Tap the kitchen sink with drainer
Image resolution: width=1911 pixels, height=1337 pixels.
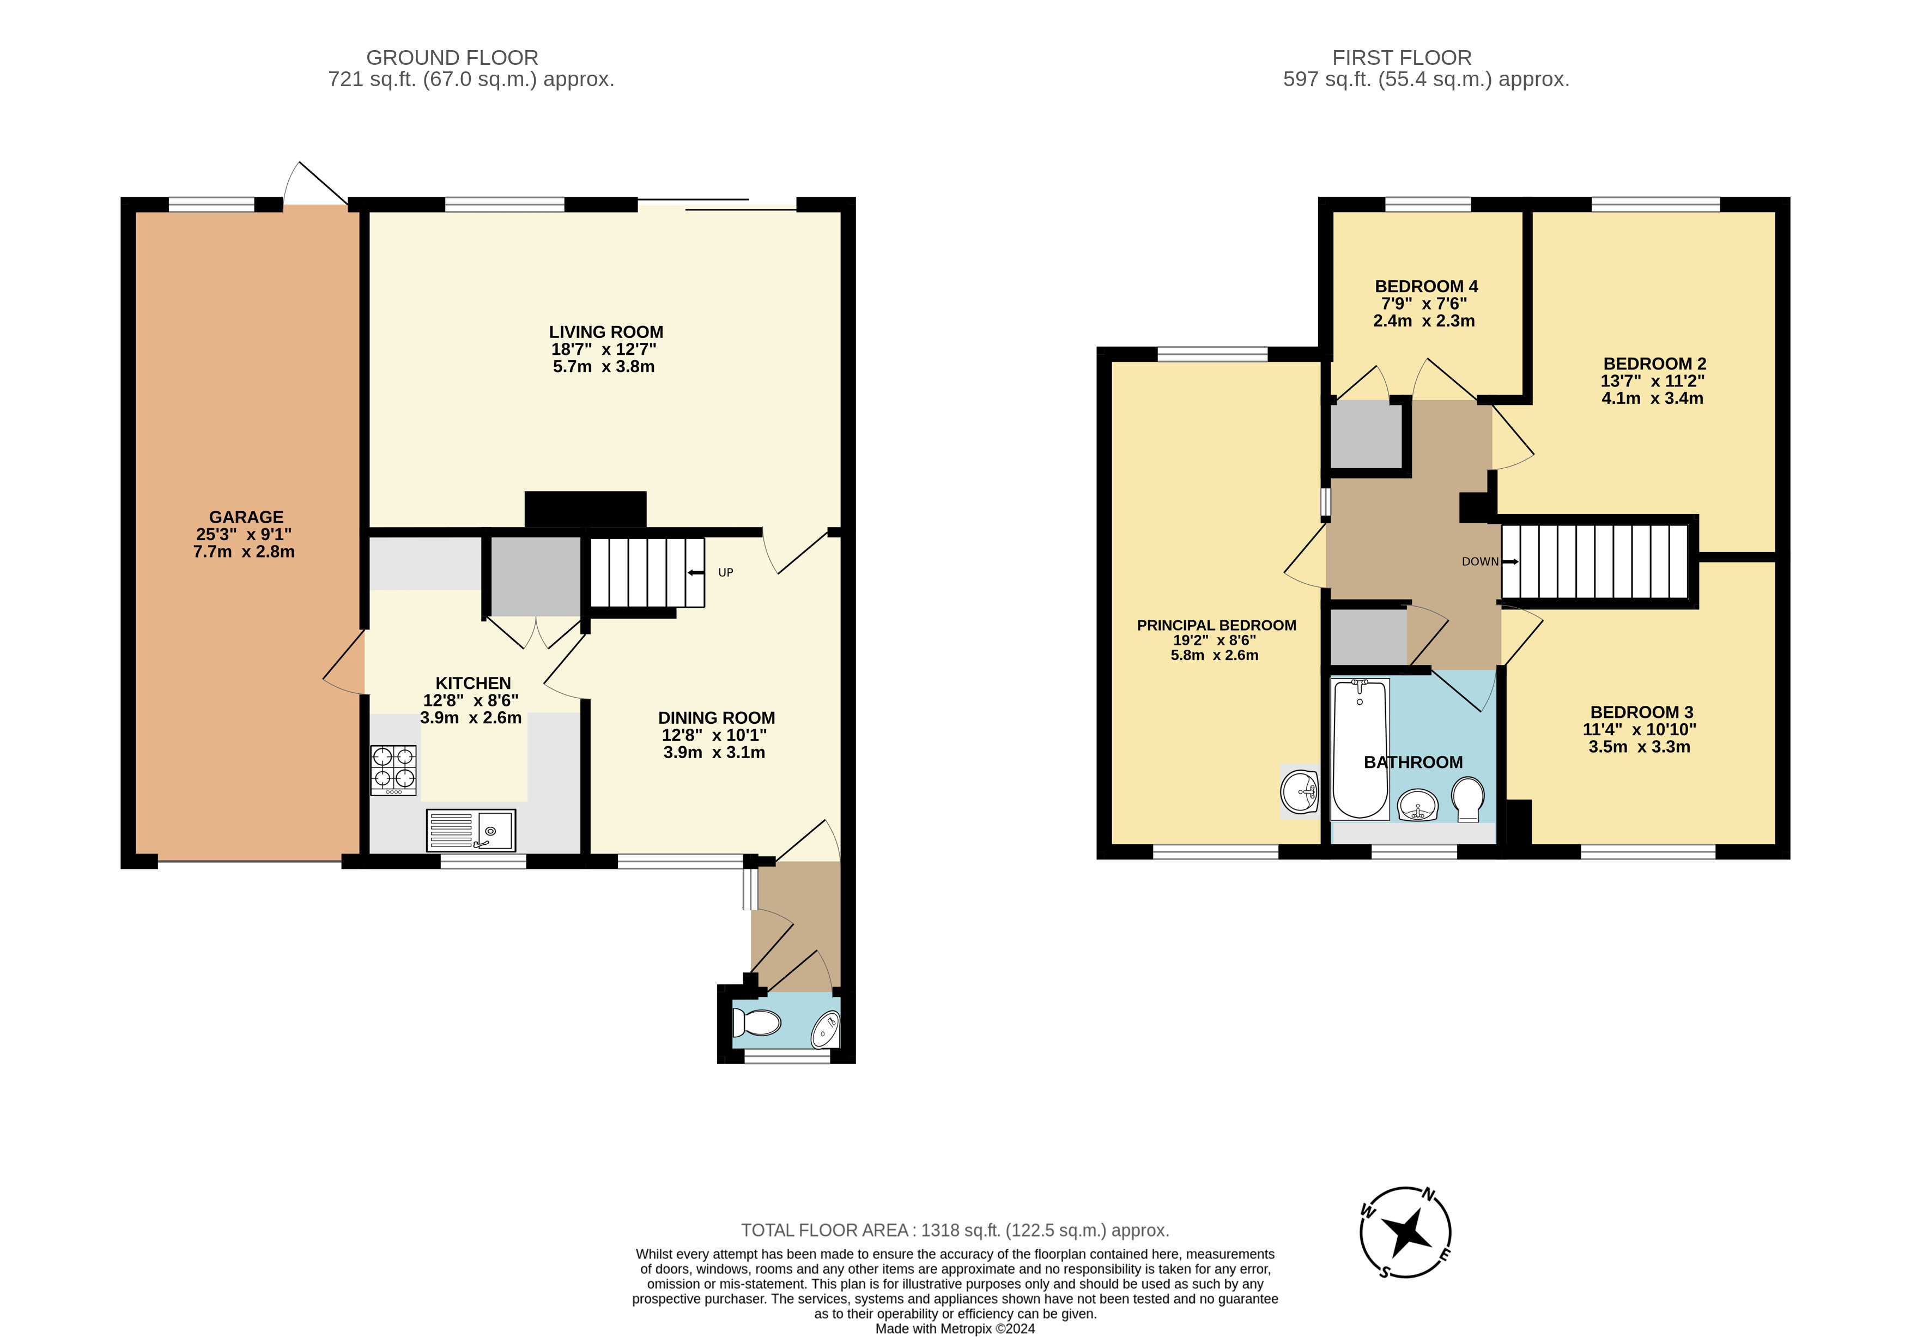click(470, 830)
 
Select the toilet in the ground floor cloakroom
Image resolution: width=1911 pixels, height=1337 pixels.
click(756, 1023)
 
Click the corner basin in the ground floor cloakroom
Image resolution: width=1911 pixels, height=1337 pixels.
click(826, 1030)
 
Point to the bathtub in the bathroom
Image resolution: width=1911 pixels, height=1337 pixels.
click(1360, 749)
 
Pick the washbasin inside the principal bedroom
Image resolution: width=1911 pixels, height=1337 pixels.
click(1299, 791)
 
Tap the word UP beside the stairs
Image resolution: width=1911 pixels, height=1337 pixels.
click(726, 573)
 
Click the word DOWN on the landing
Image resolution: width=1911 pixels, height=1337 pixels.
click(1480, 562)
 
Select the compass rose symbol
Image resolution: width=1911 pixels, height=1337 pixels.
click(1406, 1232)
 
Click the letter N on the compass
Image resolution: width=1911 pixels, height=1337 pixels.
click(1428, 1195)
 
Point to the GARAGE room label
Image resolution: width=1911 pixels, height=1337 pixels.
click(246, 517)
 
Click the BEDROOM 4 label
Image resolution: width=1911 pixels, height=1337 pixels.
click(1426, 286)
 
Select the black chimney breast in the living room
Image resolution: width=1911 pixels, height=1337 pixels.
click(585, 509)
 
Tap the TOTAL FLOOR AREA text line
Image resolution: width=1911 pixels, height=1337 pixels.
click(955, 1230)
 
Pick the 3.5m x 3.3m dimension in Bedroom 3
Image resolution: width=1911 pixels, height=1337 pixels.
click(1639, 747)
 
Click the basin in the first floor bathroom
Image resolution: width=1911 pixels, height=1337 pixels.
click(1417, 805)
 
